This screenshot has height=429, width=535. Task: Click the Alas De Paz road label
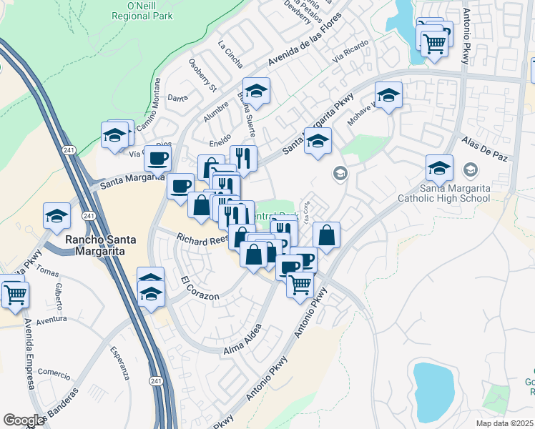point(484,148)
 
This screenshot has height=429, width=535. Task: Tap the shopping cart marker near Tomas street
point(15,294)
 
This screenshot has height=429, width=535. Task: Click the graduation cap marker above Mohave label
point(388,94)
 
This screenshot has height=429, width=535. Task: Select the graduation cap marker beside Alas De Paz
point(439,168)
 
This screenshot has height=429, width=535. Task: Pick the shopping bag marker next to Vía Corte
point(326,235)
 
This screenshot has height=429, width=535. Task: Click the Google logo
point(24,420)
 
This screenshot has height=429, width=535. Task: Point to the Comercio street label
point(54,373)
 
